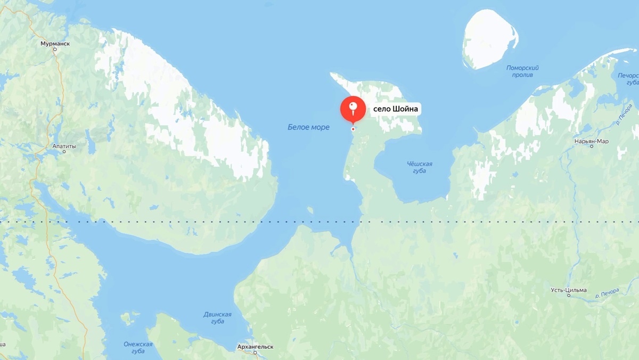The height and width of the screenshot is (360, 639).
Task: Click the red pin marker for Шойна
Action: pyautogui.click(x=353, y=109)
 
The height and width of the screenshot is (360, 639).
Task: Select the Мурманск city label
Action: pyautogui.click(x=55, y=44)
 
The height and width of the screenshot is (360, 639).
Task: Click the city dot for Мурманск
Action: pyautogui.click(x=55, y=50)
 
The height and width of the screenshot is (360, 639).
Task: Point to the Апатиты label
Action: pyautogui.click(x=64, y=146)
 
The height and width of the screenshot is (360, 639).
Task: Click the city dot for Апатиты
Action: pyautogui.click(x=64, y=152)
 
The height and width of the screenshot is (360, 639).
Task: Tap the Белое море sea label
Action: pyautogui.click(x=308, y=127)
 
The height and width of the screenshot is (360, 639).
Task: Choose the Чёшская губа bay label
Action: pyautogui.click(x=419, y=167)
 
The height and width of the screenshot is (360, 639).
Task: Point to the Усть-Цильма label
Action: pyautogui.click(x=569, y=290)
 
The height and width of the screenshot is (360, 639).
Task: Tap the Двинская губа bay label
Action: pyautogui.click(x=217, y=318)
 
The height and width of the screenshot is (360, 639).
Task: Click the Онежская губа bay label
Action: pyautogui.click(x=138, y=347)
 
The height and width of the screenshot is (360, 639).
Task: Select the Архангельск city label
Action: pyautogui.click(x=256, y=347)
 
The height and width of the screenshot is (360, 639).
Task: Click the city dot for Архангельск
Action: pyautogui.click(x=256, y=353)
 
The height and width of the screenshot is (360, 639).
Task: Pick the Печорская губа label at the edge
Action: pyautogui.click(x=628, y=79)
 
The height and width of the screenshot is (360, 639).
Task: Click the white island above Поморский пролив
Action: pyautogui.click(x=488, y=40)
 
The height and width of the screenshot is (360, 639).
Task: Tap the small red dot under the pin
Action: pyautogui.click(x=353, y=129)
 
